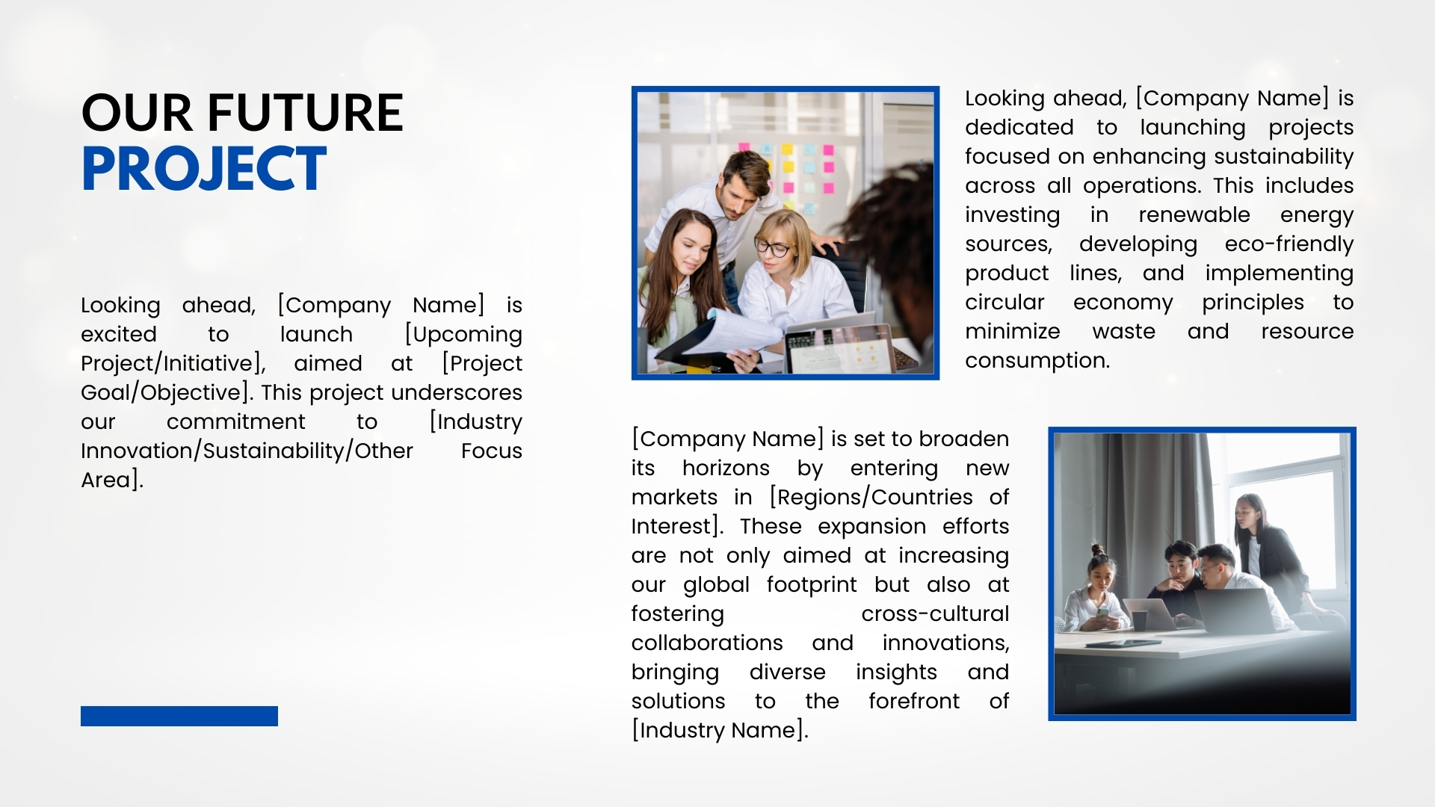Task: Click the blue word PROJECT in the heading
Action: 203,168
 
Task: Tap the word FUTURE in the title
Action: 305,113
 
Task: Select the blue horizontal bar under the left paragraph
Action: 179,716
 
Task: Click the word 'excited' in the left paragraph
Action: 119,334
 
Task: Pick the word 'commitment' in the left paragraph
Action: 235,421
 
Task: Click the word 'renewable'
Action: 1194,214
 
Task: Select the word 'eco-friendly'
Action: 1289,244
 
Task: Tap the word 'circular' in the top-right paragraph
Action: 1004,302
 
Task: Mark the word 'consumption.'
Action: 1037,361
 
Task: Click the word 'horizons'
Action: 726,468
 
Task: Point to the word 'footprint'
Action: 812,585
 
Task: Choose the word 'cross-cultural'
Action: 935,613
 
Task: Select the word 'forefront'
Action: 913,701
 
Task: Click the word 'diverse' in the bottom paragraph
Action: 787,672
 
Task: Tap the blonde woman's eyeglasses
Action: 772,247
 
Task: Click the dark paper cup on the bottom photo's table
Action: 1139,621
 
